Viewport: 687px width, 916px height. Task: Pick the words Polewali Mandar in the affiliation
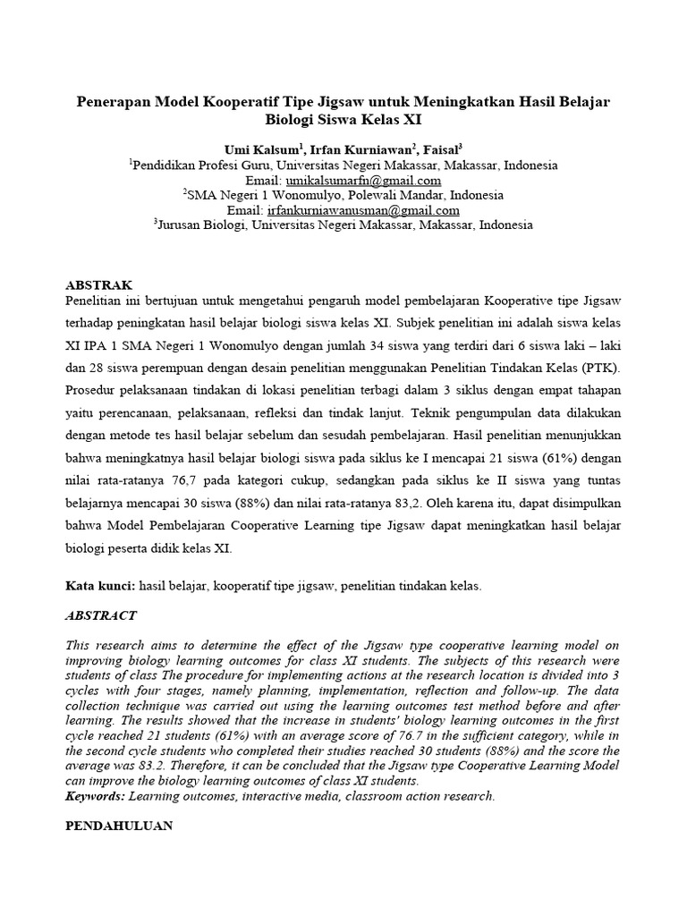pos(400,195)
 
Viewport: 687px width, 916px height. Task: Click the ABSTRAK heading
pos(98,284)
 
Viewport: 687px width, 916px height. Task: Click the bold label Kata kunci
pos(99,586)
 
